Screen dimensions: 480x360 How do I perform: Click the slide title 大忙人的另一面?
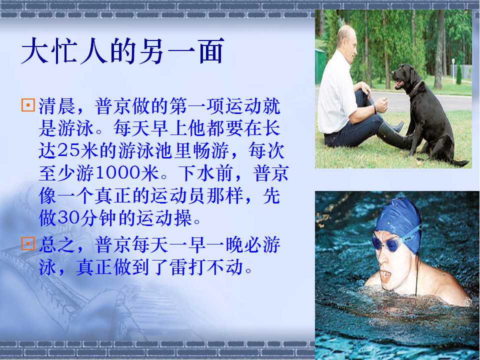click(x=123, y=51)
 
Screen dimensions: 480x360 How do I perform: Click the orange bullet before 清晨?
click(x=28, y=105)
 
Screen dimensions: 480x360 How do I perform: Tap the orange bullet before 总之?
click(x=28, y=244)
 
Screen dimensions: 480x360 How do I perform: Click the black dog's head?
click(x=404, y=76)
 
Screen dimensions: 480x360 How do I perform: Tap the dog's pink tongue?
click(x=397, y=84)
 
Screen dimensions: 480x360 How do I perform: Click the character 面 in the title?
click(x=211, y=51)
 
